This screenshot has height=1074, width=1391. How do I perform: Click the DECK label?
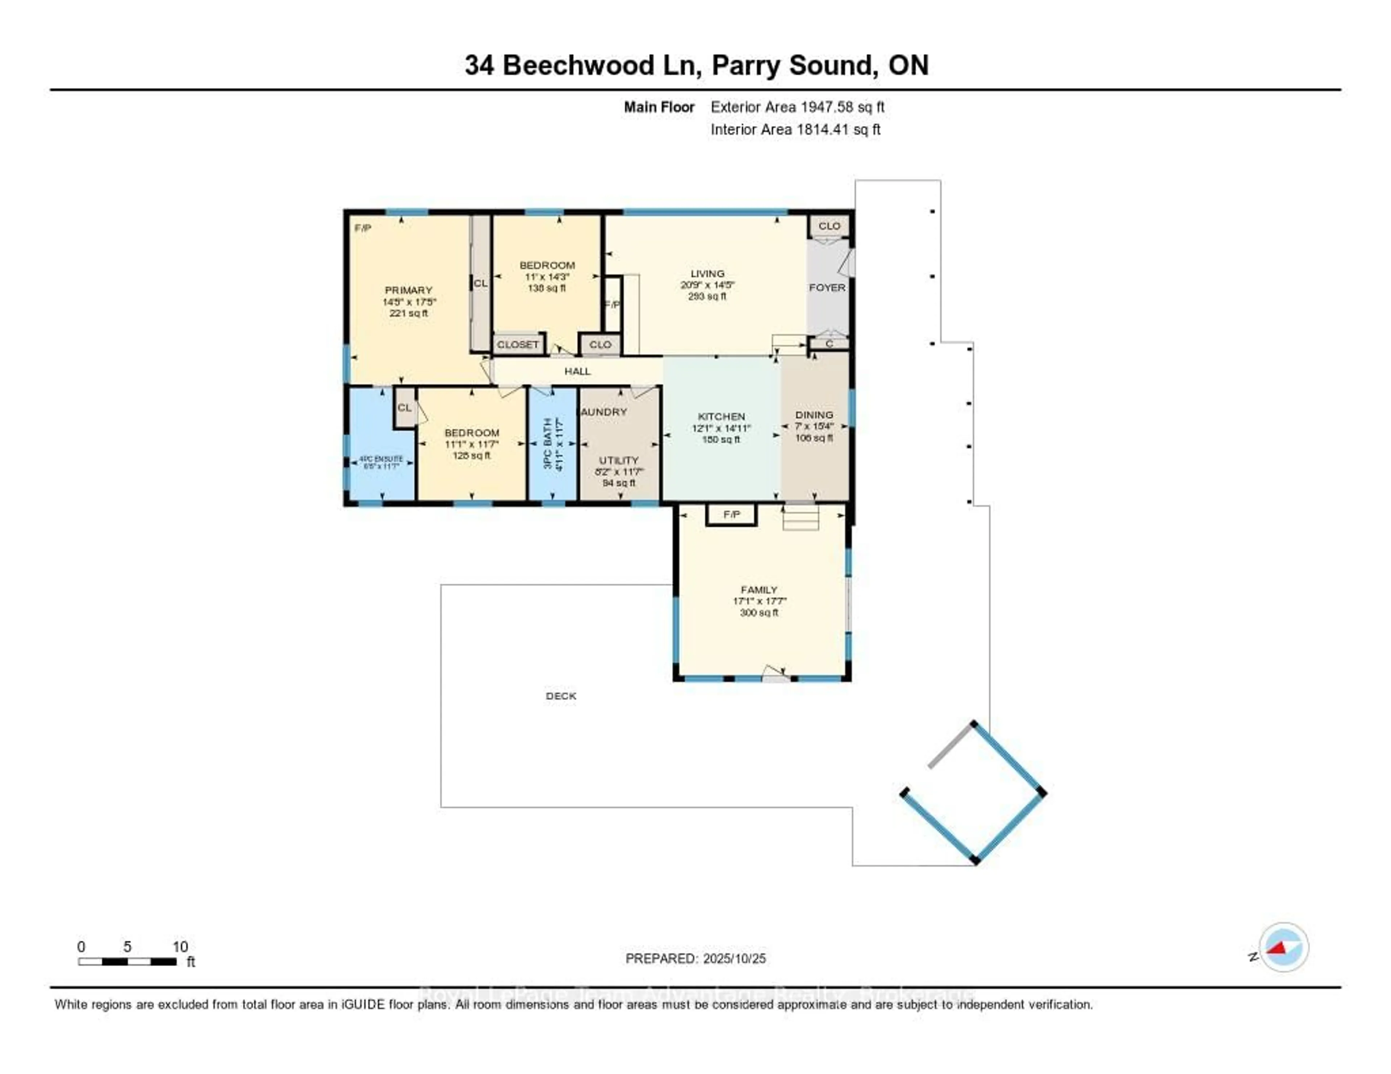tap(560, 696)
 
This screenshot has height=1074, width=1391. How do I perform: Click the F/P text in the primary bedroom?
tap(362, 228)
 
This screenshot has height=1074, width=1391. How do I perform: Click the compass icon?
tap(1283, 947)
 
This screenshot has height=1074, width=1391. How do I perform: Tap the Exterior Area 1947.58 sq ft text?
tap(797, 107)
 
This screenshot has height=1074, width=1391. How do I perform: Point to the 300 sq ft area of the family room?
tap(759, 612)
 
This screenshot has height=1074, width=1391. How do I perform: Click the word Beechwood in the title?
tap(578, 66)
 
